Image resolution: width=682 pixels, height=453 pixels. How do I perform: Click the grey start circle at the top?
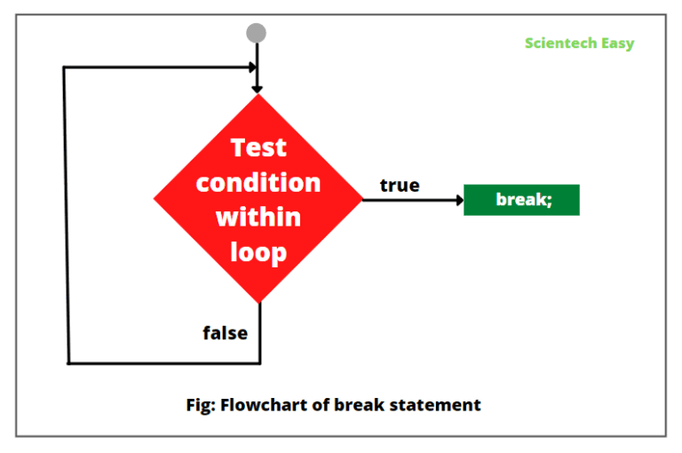[257, 34]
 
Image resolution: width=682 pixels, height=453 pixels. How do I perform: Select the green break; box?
[521, 200]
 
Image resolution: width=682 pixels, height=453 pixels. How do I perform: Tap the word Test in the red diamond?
[258, 147]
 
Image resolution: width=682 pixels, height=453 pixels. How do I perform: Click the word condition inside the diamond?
[258, 182]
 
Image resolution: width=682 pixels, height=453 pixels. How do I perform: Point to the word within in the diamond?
[258, 217]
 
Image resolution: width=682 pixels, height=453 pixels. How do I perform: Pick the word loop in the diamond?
[258, 251]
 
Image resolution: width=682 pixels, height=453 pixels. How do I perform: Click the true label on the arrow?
[400, 186]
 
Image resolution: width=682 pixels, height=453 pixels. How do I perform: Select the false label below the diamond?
[225, 333]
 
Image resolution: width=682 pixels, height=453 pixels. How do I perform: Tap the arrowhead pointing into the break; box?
[459, 200]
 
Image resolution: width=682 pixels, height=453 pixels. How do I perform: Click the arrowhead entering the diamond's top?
[258, 88]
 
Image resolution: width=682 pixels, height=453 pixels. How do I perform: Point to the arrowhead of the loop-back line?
[251, 67]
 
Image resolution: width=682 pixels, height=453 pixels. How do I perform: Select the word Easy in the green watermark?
[619, 43]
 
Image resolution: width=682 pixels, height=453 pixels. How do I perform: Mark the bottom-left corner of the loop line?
[68, 362]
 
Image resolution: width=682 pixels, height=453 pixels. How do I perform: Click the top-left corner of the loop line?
[64, 68]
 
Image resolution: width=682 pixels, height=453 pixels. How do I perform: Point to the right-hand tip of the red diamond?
[362, 199]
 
